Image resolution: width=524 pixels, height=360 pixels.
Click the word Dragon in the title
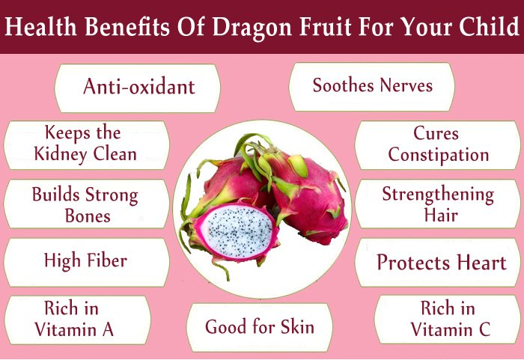[252, 28]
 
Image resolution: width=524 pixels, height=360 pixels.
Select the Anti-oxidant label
[139, 87]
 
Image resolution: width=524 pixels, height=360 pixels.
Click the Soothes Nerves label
[373, 85]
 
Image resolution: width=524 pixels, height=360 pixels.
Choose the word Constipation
[439, 156]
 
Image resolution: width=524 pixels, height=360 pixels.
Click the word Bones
[88, 216]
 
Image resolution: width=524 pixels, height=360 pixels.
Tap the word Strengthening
[438, 195]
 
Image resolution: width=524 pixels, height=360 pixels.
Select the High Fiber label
[85, 261]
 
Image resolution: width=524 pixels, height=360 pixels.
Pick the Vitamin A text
[74, 329]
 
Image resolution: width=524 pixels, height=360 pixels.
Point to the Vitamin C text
[451, 329]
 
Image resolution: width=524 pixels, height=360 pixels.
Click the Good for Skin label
[260, 326]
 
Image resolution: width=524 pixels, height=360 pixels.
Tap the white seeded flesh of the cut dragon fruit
[240, 231]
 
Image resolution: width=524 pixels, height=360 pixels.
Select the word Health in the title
[40, 26]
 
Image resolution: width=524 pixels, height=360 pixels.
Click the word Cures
[436, 133]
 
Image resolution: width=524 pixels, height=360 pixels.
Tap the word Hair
[441, 215]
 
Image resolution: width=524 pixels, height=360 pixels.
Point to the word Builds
[56, 194]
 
